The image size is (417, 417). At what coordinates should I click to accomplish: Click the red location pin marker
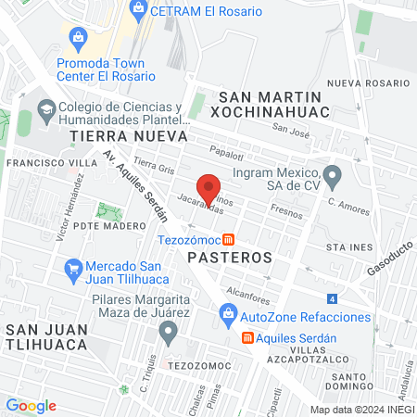click(x=209, y=188)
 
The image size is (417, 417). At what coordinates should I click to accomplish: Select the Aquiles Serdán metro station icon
click(x=247, y=337)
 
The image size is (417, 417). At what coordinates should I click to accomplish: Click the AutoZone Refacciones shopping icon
click(x=228, y=317)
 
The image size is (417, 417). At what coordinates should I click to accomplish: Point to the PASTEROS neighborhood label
click(x=229, y=255)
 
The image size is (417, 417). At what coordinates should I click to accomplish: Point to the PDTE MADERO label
click(x=109, y=225)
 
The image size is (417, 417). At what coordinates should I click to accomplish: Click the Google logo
click(x=31, y=405)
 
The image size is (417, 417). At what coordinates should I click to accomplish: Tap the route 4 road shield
click(x=331, y=299)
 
